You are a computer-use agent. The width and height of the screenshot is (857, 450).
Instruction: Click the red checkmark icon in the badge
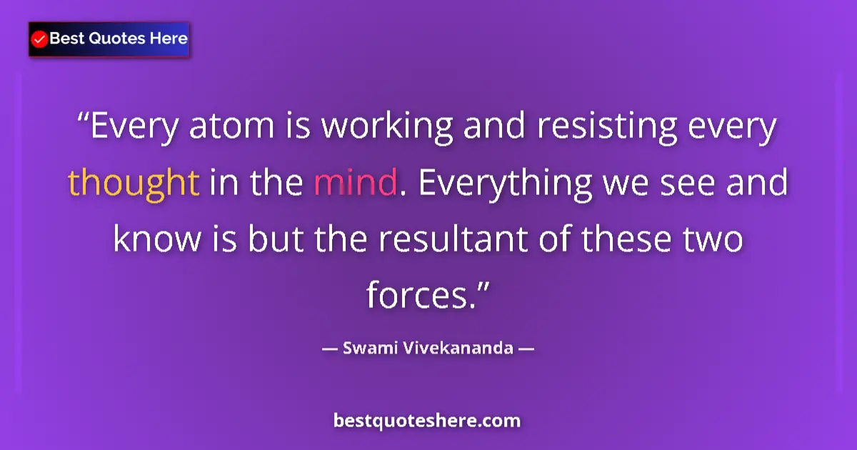[40, 39]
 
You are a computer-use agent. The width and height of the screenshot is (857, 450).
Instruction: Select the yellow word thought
[134, 184]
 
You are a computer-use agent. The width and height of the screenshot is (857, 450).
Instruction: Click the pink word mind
[355, 184]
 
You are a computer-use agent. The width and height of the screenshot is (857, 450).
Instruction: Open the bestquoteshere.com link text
[427, 421]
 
